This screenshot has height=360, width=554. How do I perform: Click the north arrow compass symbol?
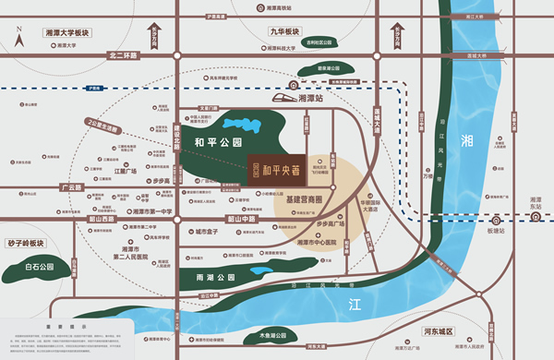tap(18, 38)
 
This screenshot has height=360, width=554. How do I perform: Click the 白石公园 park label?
tap(40, 267)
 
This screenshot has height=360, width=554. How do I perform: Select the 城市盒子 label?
tap(207, 232)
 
